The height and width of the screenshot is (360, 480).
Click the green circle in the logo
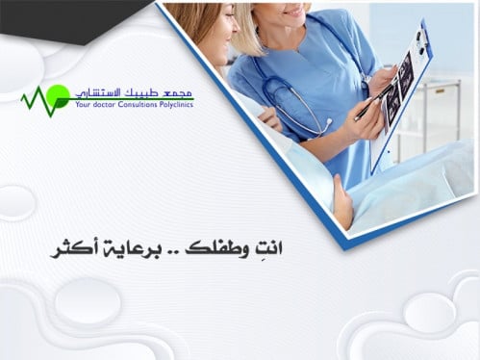pyautogui.click(x=58, y=94)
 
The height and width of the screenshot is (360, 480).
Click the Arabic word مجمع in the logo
pyautogui.click(x=177, y=90)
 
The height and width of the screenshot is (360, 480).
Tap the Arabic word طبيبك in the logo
pyautogui.click(x=143, y=90)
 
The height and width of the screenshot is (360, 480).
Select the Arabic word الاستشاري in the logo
pyautogui.click(x=100, y=90)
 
